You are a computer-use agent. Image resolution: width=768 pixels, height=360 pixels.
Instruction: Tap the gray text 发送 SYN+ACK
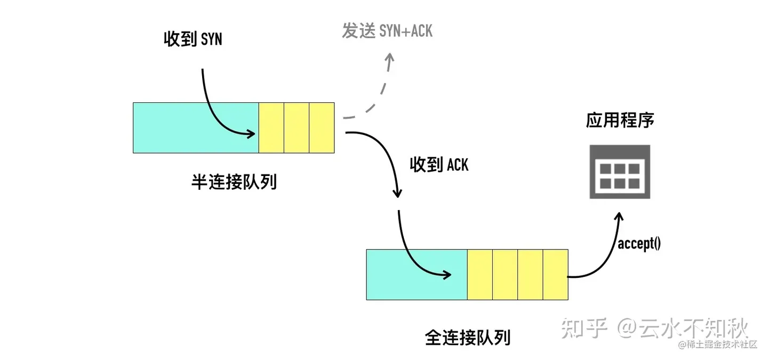coord(387,30)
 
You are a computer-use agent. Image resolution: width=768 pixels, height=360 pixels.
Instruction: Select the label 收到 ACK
coord(439,165)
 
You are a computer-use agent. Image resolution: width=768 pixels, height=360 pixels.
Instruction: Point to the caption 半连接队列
coord(234,182)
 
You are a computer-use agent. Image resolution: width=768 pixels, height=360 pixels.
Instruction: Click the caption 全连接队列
coord(468,337)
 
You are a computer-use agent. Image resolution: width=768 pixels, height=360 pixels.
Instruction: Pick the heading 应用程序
coord(620,120)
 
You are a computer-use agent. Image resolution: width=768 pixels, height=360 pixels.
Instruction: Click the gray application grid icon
coord(620,171)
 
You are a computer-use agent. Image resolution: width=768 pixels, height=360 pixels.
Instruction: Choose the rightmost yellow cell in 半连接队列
coord(322,127)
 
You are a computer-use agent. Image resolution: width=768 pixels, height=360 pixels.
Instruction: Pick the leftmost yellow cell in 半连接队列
coord(271,127)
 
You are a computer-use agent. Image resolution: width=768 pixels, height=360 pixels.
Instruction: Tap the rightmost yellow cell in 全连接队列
coord(555,274)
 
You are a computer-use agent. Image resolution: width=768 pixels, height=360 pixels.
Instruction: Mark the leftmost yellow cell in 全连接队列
coord(479,274)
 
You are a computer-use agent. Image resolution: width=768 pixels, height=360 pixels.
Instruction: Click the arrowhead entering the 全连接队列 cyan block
coord(447,275)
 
